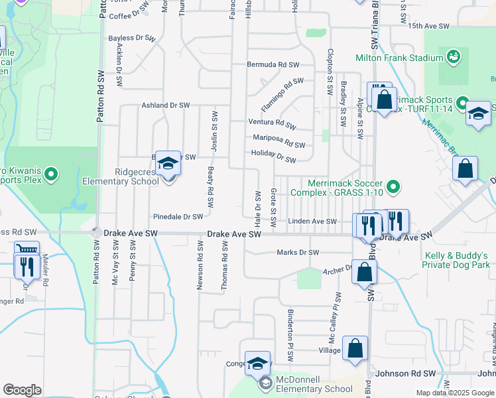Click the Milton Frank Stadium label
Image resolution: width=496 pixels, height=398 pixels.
(x=399, y=58)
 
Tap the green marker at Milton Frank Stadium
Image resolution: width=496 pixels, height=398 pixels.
(x=454, y=57)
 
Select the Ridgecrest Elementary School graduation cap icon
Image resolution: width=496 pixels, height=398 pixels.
(x=168, y=163)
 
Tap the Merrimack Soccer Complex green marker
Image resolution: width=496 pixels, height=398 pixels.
(x=393, y=187)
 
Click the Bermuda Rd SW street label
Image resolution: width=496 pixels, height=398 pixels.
(x=273, y=65)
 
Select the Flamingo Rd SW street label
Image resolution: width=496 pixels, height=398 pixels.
(x=282, y=94)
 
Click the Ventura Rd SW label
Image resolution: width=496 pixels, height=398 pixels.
(x=272, y=123)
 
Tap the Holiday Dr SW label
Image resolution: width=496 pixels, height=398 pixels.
(x=273, y=157)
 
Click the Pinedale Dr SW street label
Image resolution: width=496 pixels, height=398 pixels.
(x=178, y=217)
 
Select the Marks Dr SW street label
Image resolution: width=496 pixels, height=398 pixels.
(x=298, y=252)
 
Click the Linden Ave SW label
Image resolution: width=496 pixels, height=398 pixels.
(x=312, y=222)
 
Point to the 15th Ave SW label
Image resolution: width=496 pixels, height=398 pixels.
(x=429, y=27)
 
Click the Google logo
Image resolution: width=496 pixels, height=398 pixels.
(x=22, y=389)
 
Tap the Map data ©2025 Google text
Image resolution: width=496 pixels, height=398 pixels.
(x=454, y=393)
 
